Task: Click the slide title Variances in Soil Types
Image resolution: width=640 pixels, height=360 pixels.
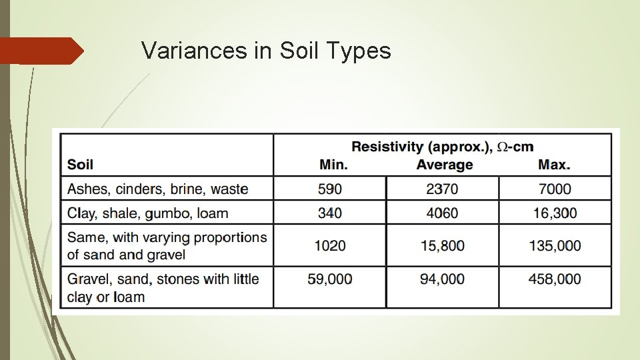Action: pos(266,50)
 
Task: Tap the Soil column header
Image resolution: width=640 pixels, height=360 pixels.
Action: pos(80,165)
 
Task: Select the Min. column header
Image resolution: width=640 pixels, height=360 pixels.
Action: pos(333,165)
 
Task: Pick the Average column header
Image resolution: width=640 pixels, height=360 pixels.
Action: pos(444,165)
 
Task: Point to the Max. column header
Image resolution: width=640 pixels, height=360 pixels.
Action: pos(554,165)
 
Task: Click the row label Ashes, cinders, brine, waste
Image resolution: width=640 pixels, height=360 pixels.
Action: pos(157,189)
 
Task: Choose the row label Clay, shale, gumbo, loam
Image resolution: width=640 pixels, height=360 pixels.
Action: pos(147,213)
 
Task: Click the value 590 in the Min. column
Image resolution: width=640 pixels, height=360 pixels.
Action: pos(330,189)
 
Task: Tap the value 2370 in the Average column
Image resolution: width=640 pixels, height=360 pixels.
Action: pos(442,189)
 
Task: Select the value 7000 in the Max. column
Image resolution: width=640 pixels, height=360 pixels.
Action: pos(555,189)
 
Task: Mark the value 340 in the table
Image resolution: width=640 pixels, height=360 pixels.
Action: pos(330,213)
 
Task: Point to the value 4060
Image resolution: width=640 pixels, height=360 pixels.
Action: pos(442,213)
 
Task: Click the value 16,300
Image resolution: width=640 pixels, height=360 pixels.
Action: pos(555,213)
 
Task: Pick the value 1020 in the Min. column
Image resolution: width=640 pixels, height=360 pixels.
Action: pos(330,245)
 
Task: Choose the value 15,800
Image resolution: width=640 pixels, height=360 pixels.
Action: pos(442,245)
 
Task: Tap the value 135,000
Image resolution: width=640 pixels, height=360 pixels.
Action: pos(555,245)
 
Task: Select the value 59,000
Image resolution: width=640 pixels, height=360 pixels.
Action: pos(330,279)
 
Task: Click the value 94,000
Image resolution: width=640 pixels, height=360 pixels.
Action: pos(442,279)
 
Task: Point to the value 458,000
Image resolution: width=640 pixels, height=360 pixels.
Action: pos(555,279)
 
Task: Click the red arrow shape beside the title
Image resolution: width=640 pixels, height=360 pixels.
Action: pos(40,51)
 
